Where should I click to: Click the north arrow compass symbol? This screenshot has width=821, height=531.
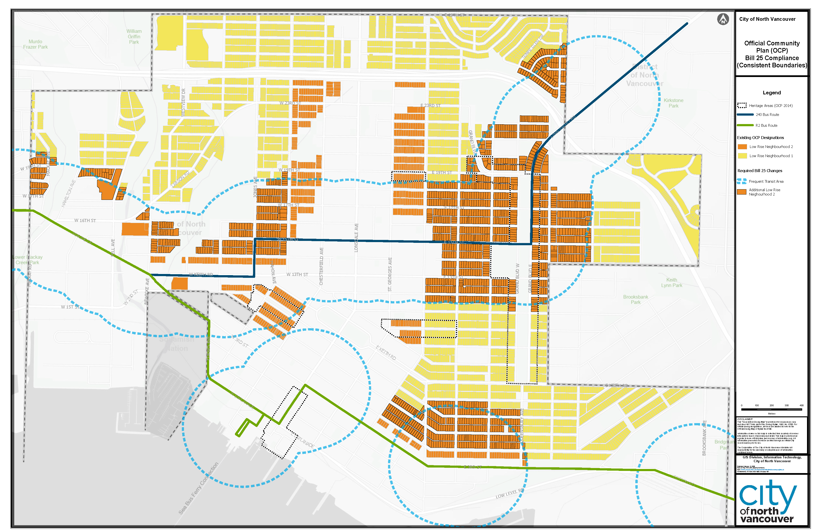tap(723, 19)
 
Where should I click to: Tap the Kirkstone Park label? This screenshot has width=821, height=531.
tap(673, 103)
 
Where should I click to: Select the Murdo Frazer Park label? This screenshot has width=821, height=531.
tap(35, 44)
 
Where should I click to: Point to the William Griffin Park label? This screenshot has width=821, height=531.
tap(134, 36)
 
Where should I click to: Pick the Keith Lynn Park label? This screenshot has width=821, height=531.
tap(672, 282)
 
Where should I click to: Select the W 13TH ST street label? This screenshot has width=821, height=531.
tap(297, 274)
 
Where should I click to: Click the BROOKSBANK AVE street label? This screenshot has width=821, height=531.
tap(704, 438)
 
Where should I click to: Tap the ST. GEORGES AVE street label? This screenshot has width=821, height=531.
tap(390, 274)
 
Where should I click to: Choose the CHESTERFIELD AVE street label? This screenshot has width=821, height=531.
tap(321, 266)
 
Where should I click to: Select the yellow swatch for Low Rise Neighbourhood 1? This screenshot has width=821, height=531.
tap(742, 156)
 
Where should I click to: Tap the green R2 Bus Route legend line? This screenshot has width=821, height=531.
tap(745, 126)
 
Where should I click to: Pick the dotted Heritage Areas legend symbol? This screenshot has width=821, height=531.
tap(742, 105)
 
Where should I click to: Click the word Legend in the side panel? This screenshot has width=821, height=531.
tap(772, 93)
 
